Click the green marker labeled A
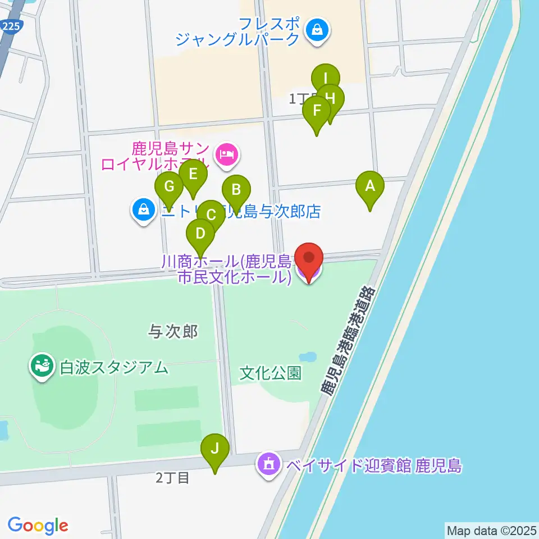click(x=369, y=186)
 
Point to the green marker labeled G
click(x=169, y=186)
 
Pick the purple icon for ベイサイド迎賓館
click(x=269, y=464)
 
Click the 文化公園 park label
click(x=271, y=373)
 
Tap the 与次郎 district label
click(x=173, y=332)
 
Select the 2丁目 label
click(x=172, y=478)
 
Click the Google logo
click(x=38, y=525)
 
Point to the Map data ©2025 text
click(x=491, y=530)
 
